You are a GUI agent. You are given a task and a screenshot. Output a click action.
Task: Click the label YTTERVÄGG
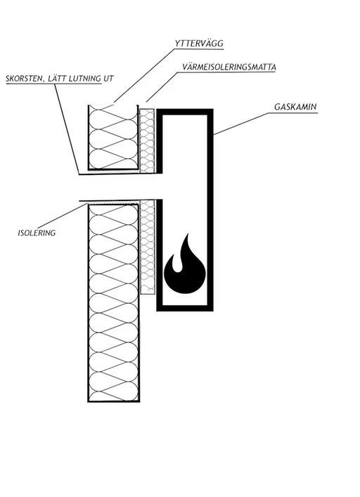coord(199,43)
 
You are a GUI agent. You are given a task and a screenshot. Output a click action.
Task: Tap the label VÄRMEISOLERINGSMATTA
coord(229,67)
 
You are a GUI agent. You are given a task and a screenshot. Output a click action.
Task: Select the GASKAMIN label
coord(295,107)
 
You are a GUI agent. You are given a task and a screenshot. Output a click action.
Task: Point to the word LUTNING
coord(85,78)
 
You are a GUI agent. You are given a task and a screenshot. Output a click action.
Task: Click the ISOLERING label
coord(37,233)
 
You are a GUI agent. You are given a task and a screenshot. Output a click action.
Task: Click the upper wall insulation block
coord(113,137)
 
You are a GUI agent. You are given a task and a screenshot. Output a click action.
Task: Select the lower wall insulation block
coord(113,303)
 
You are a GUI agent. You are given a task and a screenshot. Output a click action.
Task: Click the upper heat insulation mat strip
coord(148,141)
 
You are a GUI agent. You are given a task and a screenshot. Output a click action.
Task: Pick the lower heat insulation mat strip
coord(148,247)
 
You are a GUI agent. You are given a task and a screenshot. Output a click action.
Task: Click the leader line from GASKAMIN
coord(244,124)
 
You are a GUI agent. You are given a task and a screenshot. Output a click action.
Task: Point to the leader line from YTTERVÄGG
coord(145,75)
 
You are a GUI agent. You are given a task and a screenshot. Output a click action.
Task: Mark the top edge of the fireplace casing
coord(185,112)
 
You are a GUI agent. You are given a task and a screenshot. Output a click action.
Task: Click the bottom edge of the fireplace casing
coord(185,308)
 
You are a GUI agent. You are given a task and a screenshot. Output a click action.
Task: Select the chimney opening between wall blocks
coord(120,187)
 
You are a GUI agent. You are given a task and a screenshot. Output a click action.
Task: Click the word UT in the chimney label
coord(108,78)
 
